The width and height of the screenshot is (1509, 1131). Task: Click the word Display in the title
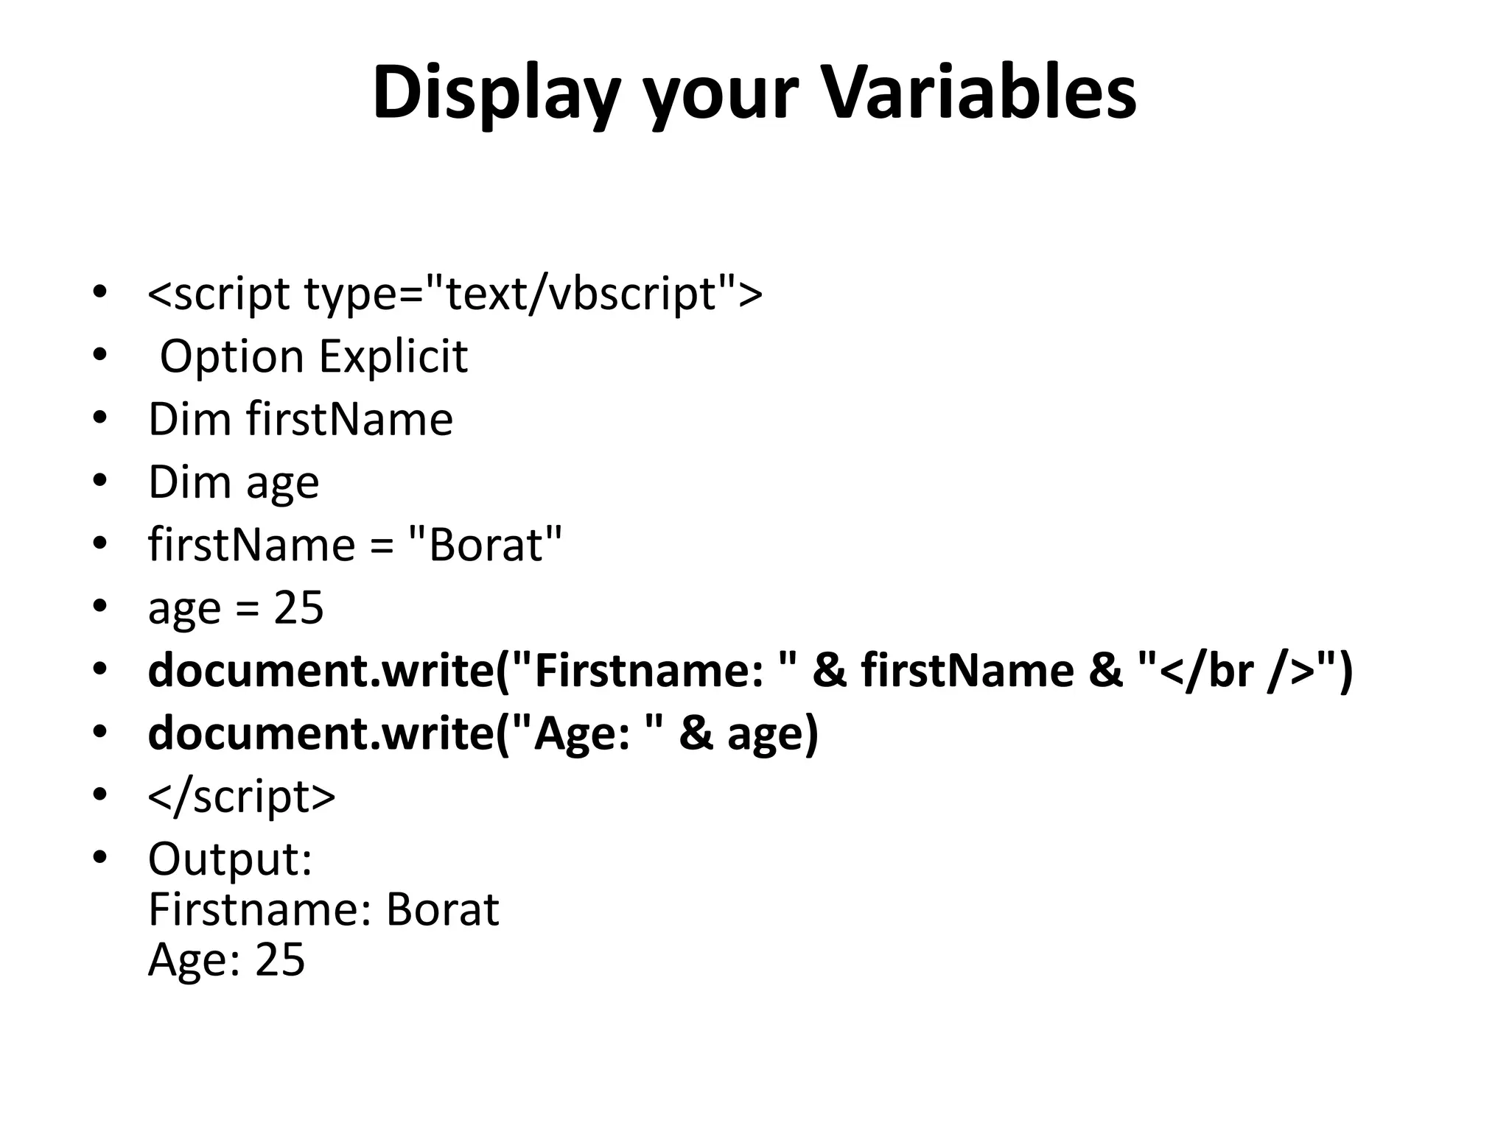tap(494, 94)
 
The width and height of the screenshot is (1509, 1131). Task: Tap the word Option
tap(231, 357)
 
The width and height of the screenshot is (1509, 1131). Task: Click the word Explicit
tap(393, 357)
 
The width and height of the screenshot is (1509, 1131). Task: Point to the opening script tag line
tap(455, 294)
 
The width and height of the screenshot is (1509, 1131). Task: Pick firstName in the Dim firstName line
tap(349, 420)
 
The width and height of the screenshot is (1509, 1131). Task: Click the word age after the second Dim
tap(282, 484)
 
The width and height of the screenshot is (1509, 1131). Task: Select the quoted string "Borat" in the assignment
tap(485, 546)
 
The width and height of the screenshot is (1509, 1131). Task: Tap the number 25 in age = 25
tap(298, 608)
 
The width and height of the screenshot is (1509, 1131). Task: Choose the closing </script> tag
tap(242, 797)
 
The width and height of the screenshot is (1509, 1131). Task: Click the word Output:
tap(231, 859)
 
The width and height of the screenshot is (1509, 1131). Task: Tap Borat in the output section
tap(442, 910)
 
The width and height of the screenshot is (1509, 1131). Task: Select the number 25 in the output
tap(279, 960)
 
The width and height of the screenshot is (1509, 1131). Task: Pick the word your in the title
tap(721, 94)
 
